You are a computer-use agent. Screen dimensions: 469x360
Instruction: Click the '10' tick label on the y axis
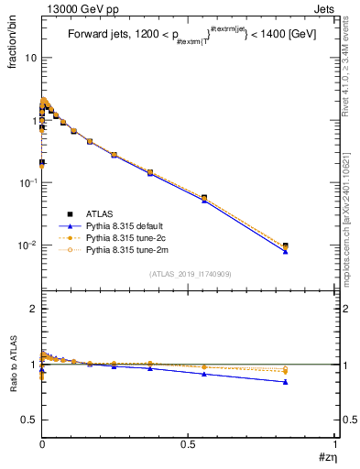[x=30, y=58]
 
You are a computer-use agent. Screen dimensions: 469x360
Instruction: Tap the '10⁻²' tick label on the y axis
[x=27, y=245]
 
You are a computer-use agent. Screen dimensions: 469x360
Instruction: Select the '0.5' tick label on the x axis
[x=187, y=442]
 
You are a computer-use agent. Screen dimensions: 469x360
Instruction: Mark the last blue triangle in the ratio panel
[x=285, y=382]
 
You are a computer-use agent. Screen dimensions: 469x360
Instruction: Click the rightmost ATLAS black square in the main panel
[x=285, y=245]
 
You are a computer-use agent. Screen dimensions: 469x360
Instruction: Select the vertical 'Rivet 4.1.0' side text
[x=352, y=55]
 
